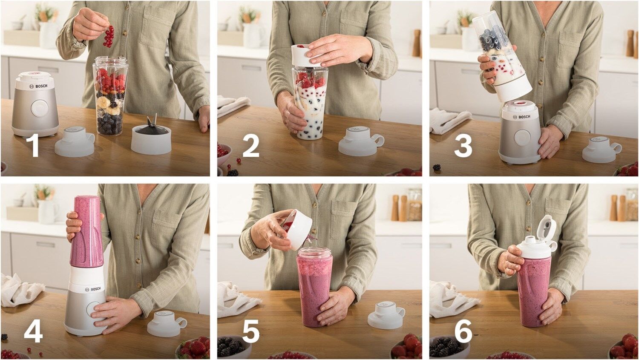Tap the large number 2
[x=251, y=145]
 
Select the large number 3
[x=463, y=145]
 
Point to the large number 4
[x=33, y=331]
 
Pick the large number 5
[x=251, y=331]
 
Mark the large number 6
[x=463, y=331]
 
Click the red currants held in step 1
[x=108, y=36]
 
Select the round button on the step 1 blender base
[x=39, y=108]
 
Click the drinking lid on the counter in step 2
[x=361, y=141]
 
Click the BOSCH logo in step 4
[x=94, y=289]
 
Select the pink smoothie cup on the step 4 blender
[x=85, y=231]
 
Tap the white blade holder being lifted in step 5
[x=298, y=229]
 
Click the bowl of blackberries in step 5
[x=234, y=346]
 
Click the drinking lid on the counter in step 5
[x=386, y=315]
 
